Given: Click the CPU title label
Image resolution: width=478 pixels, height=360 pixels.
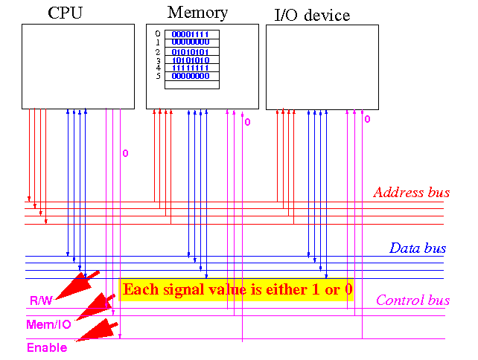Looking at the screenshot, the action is click(x=66, y=13).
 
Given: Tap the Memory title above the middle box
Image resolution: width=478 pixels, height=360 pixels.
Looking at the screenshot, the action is click(x=197, y=13).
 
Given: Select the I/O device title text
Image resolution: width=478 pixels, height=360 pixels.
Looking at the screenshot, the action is click(x=312, y=15).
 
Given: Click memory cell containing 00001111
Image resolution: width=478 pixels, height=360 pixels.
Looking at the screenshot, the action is click(x=192, y=34).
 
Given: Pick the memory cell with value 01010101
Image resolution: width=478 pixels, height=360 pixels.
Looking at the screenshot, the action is click(x=192, y=51).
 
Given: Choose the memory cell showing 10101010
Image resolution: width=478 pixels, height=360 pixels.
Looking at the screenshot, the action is click(x=192, y=60).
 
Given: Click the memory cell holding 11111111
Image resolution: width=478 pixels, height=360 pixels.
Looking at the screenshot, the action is click(x=192, y=68).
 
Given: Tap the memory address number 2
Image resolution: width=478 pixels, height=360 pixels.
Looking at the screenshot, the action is click(x=158, y=52).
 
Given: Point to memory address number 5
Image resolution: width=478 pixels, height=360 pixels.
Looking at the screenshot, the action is click(x=158, y=76).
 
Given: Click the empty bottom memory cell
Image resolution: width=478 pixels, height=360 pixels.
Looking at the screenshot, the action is click(x=192, y=85).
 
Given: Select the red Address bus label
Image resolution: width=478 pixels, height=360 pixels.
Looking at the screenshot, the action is click(x=412, y=193).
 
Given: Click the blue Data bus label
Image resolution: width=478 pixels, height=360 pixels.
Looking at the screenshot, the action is click(x=418, y=248).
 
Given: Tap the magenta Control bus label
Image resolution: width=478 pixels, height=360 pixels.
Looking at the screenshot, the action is click(x=412, y=300).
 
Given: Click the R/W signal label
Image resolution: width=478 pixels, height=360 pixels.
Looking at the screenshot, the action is click(x=41, y=300).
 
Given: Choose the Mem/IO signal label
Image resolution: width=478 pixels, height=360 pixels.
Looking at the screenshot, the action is click(x=49, y=324).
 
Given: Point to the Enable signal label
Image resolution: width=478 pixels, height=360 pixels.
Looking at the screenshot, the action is click(x=47, y=347).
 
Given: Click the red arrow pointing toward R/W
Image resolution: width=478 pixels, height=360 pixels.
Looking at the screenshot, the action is click(x=77, y=285).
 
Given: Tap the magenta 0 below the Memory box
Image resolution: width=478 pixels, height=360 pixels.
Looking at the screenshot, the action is click(x=247, y=122).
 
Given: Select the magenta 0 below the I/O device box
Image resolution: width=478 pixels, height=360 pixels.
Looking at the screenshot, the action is click(x=367, y=119).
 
